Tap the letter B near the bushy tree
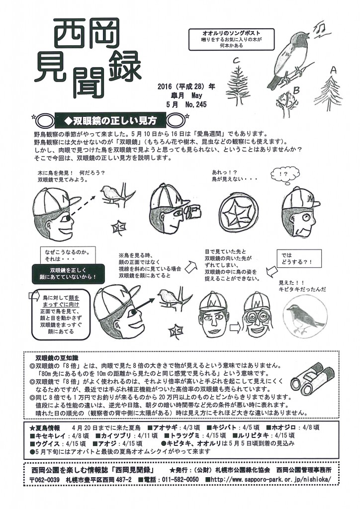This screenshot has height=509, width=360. click(295, 90)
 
